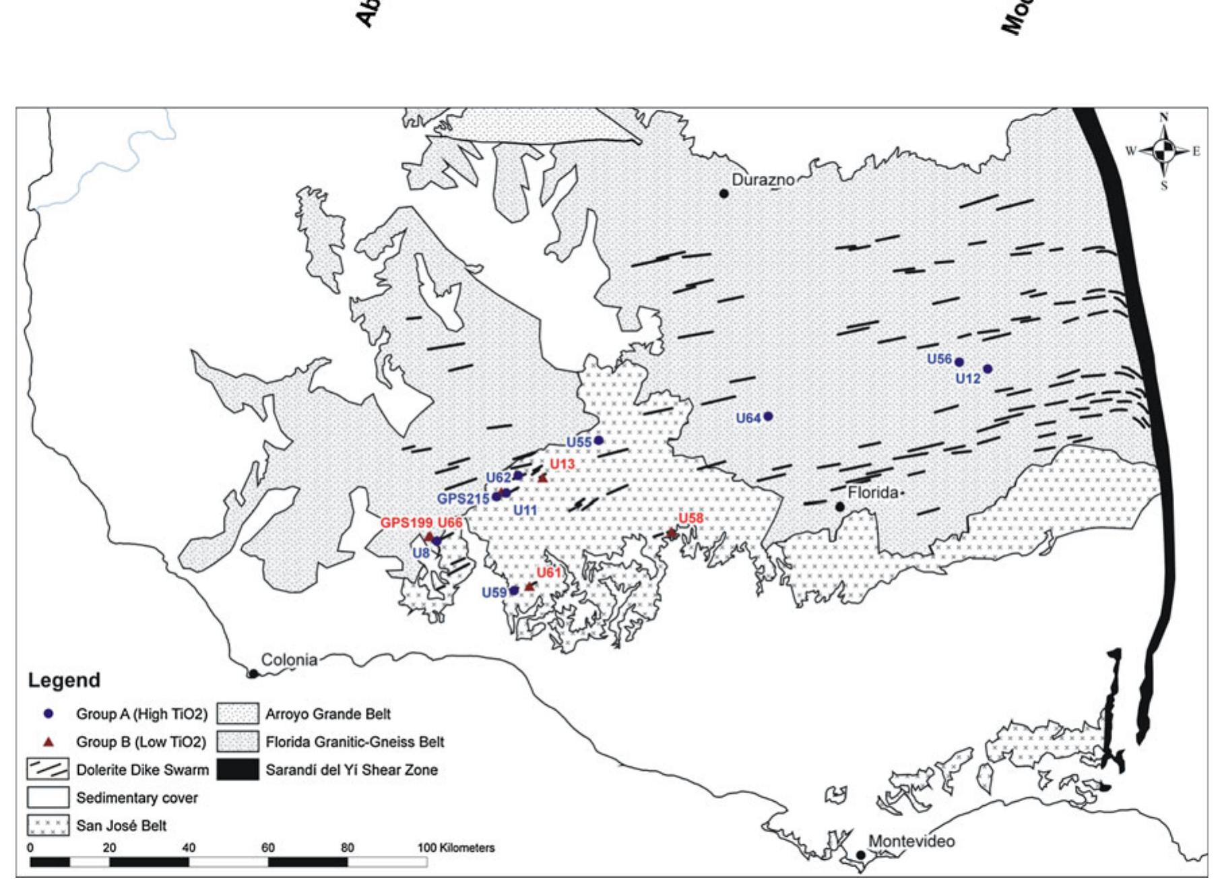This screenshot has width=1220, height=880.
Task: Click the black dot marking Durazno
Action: click(x=724, y=193)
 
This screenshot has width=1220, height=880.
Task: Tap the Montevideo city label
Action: click(x=911, y=841)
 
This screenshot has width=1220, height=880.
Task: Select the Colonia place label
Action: click(x=289, y=660)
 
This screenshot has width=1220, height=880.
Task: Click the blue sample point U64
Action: click(x=768, y=416)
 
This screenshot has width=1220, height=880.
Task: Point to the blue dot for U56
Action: click(x=959, y=362)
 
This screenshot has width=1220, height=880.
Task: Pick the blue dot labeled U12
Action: click(x=988, y=369)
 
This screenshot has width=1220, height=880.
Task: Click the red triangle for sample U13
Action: click(x=543, y=478)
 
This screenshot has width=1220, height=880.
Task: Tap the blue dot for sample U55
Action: click(x=598, y=440)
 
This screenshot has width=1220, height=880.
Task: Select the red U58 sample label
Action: click(x=691, y=517)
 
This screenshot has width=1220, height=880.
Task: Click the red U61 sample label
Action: click(x=548, y=572)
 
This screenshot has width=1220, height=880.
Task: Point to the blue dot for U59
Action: click(x=514, y=590)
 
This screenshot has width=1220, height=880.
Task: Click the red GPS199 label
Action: click(x=406, y=522)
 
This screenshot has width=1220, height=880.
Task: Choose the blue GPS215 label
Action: click(x=463, y=499)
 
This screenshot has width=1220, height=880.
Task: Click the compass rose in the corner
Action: click(x=1164, y=151)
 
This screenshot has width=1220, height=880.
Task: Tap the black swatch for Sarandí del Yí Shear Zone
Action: click(x=238, y=769)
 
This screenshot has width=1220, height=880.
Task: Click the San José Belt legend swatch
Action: click(x=48, y=825)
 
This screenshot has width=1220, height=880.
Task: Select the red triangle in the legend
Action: click(x=48, y=742)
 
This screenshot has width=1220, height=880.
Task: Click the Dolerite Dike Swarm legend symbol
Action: click(x=48, y=769)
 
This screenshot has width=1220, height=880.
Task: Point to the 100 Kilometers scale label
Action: click(x=456, y=848)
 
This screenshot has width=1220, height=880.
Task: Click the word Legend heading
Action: click(x=64, y=680)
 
